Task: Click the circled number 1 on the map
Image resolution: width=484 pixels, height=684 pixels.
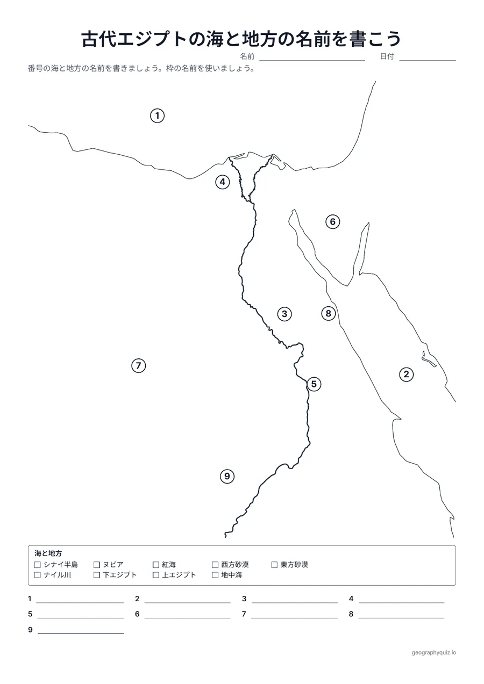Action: (158, 116)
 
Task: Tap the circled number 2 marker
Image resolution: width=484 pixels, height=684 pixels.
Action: (407, 375)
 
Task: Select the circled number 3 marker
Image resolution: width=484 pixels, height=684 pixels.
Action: (284, 314)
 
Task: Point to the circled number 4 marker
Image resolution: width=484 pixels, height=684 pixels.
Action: (223, 182)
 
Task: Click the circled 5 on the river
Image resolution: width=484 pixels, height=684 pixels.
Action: (314, 384)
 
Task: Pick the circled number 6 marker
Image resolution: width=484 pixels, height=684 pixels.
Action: (333, 222)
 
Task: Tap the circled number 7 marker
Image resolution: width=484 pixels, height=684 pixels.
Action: (138, 365)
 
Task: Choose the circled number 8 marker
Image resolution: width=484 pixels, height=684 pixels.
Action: (329, 313)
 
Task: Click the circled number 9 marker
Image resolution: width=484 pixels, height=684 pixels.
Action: (227, 477)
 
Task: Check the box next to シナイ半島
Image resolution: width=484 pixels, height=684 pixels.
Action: (38, 565)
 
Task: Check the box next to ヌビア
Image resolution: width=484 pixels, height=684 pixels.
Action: (97, 565)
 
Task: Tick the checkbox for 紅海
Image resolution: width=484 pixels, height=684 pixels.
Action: (156, 565)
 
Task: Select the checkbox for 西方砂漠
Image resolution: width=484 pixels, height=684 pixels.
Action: (215, 565)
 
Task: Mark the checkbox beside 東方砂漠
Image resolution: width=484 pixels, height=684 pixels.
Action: (274, 565)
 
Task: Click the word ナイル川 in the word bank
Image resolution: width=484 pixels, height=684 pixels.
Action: (58, 575)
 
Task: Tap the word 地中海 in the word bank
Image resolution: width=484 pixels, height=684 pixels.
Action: (232, 575)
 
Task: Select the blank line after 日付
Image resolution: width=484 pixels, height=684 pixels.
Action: (428, 61)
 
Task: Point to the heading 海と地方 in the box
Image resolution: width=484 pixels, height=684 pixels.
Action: (48, 553)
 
